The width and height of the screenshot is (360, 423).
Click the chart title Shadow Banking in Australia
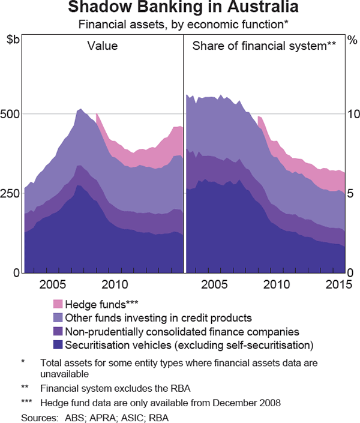click(x=179, y=8)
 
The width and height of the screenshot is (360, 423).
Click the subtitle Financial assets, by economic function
click(x=179, y=25)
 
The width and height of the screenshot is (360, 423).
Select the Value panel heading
click(x=103, y=46)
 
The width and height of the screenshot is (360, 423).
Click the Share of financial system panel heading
click(x=263, y=46)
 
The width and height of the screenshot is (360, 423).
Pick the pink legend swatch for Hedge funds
click(x=58, y=304)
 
